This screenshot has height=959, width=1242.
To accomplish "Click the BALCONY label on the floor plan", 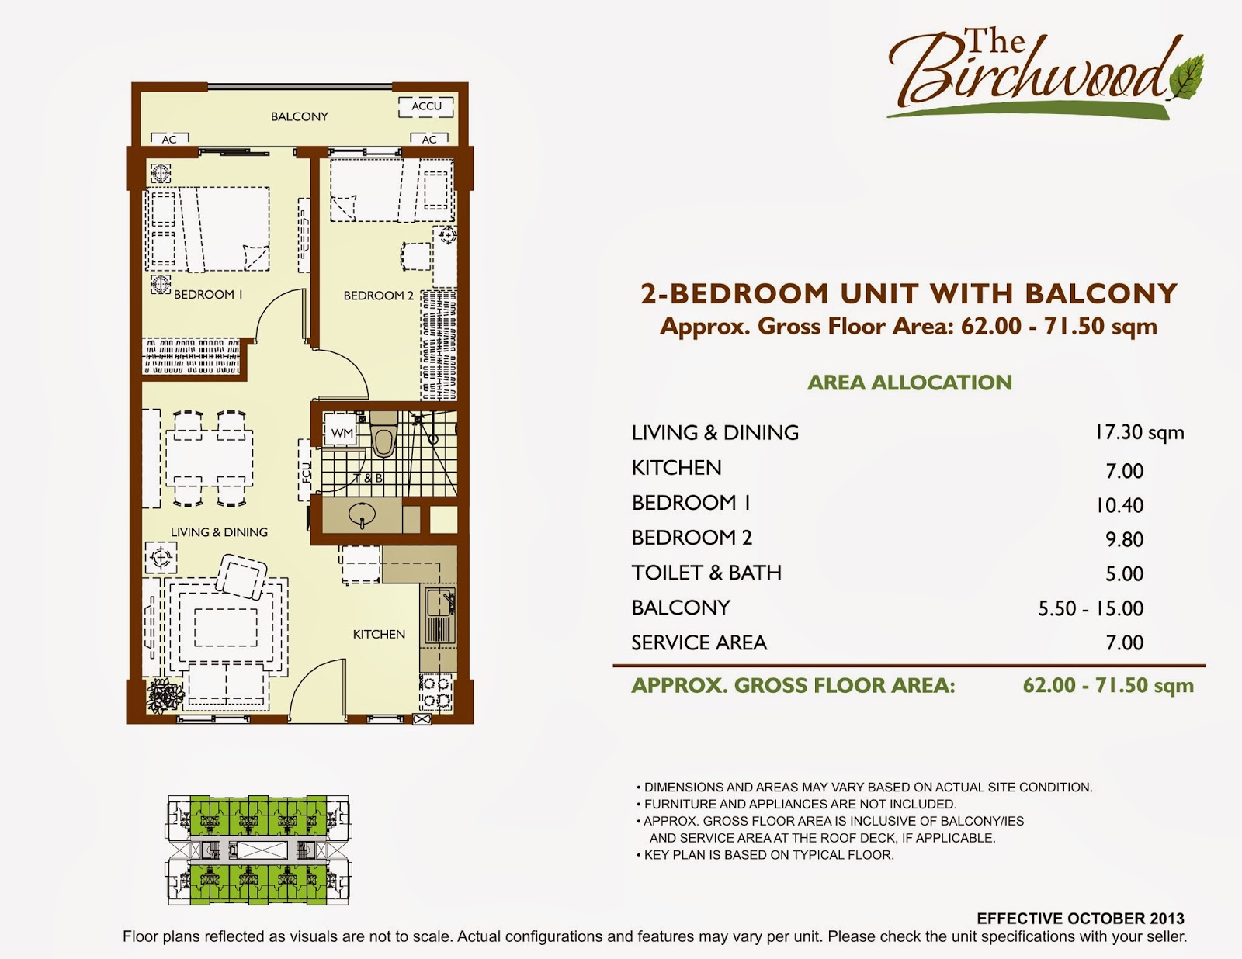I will click(x=299, y=116).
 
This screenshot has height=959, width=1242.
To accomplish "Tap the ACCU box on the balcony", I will click(x=426, y=106).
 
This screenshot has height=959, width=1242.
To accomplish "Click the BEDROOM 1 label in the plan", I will click(x=208, y=295).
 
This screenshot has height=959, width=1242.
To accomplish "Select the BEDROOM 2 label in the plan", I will click(x=379, y=296).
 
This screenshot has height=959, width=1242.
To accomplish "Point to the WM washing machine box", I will click(x=342, y=433).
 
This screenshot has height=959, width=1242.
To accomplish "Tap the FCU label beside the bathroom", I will click(x=306, y=471).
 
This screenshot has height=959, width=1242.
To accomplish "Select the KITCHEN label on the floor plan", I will click(x=379, y=634).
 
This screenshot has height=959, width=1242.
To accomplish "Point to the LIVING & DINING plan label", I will click(x=219, y=532).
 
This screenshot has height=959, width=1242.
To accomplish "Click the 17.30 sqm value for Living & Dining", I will click(x=1139, y=433).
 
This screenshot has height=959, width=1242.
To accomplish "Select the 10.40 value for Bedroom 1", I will click(x=1119, y=506).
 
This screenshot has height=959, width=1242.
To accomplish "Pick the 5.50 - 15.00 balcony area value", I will click(x=1091, y=608).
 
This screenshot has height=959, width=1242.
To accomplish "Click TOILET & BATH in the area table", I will click(x=706, y=573).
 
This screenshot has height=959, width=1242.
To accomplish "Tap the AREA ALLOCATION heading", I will click(x=910, y=383).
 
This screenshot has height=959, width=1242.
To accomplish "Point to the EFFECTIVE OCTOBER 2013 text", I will click(x=1081, y=919).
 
